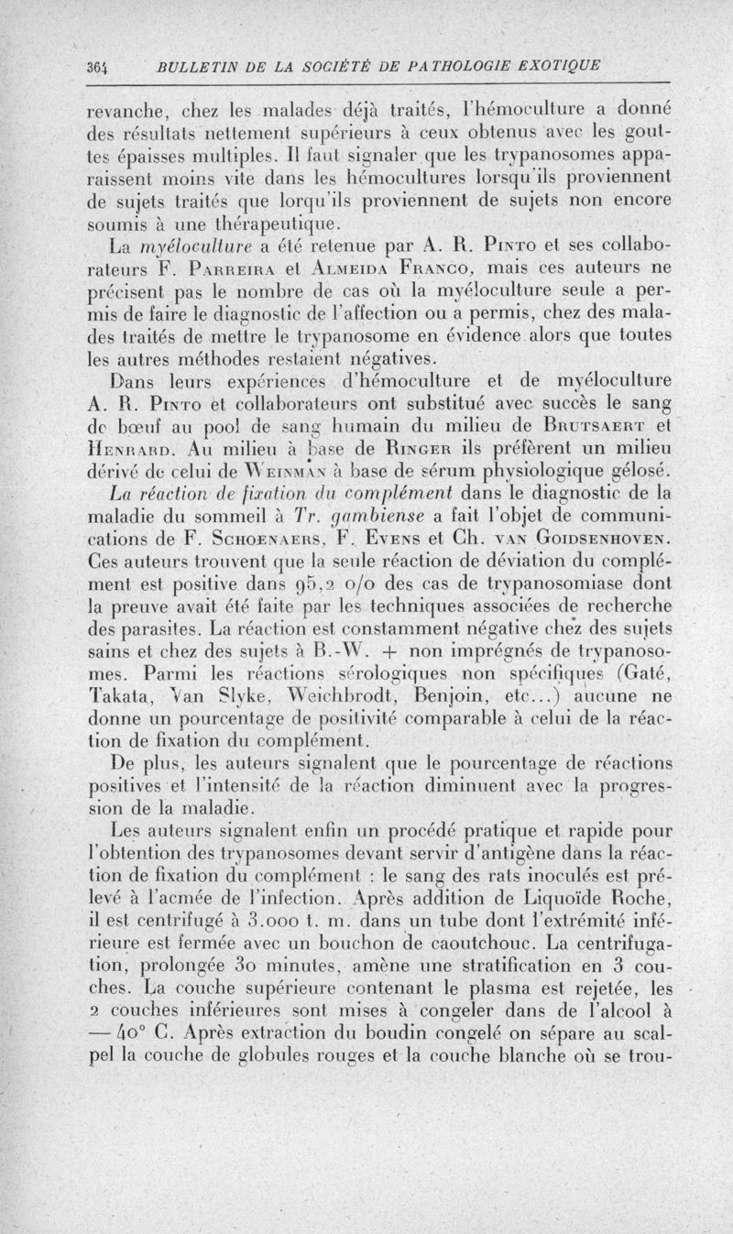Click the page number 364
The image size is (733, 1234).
(x=98, y=66)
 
